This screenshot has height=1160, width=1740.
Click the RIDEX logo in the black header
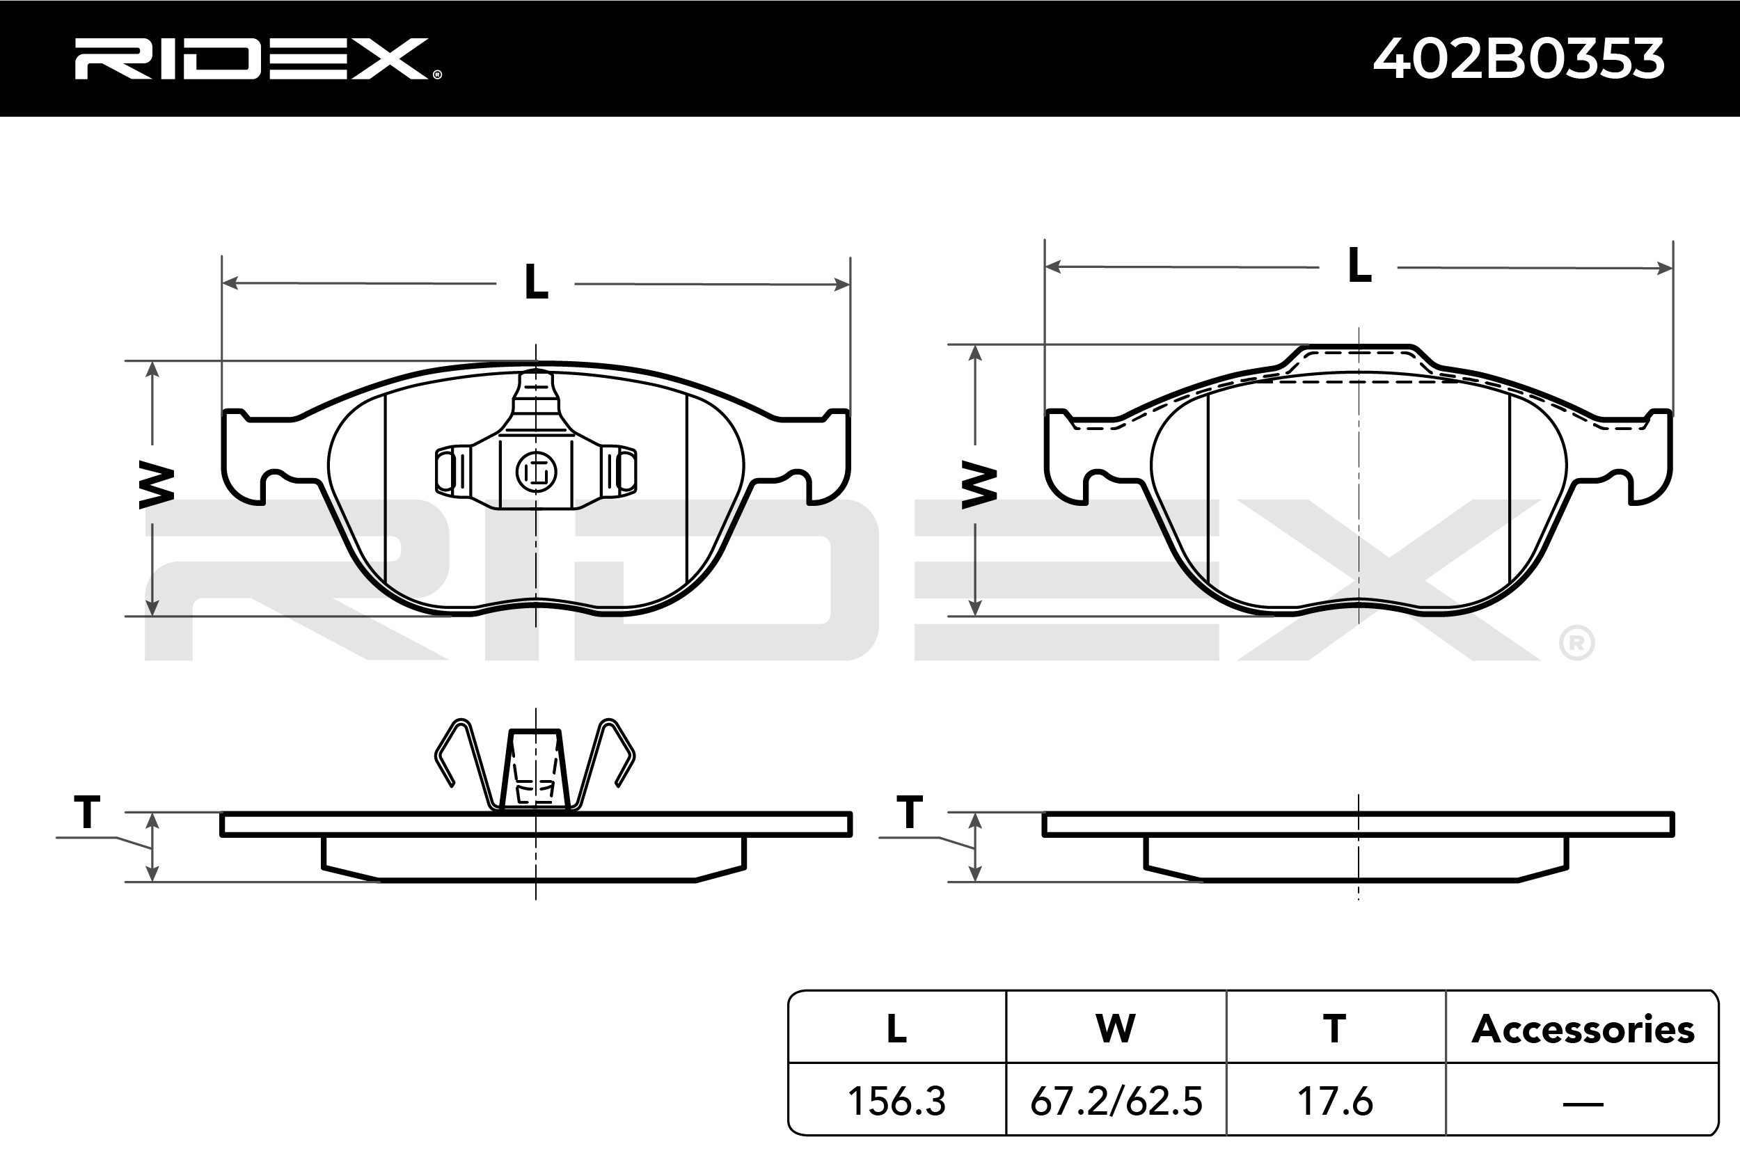point(258,58)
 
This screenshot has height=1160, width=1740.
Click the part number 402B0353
point(1519,58)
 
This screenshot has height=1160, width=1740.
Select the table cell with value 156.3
point(896,1101)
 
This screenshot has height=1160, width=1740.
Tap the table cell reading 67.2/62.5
point(1116,1101)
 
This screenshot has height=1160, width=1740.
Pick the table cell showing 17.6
point(1336,1101)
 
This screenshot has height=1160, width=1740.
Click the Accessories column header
point(1583,1028)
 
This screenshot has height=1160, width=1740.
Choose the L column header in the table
point(896,1028)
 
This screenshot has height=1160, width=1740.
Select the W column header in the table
point(1116,1028)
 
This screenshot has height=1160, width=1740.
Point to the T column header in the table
point(1336,1028)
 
